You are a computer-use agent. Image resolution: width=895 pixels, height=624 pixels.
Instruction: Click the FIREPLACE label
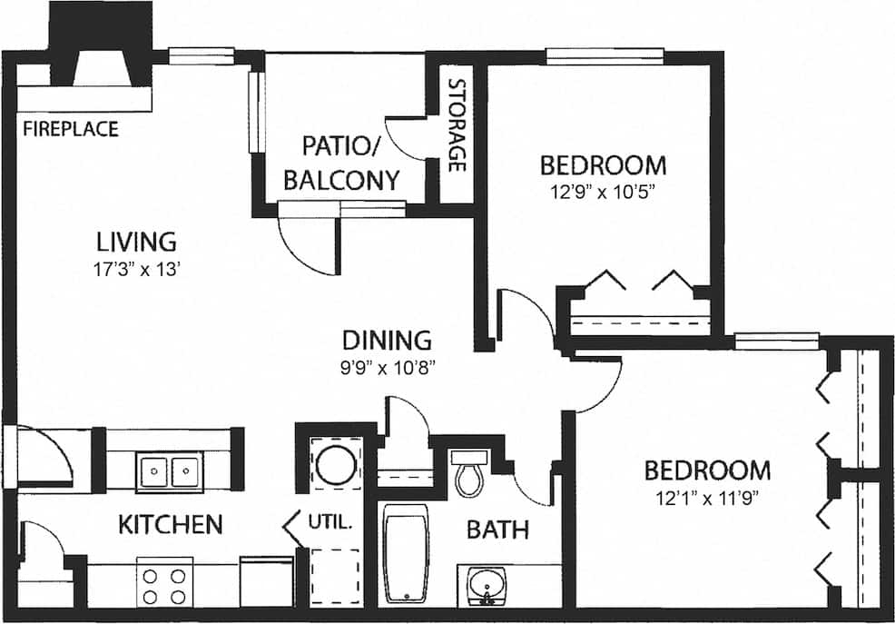click(x=71, y=129)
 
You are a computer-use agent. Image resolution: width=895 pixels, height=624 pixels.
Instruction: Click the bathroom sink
click(x=487, y=583)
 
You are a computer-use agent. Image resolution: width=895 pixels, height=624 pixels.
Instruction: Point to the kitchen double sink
click(x=170, y=471)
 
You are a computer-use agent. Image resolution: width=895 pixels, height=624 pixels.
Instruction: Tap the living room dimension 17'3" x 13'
click(x=136, y=269)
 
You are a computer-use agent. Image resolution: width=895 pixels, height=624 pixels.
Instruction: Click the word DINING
click(x=386, y=342)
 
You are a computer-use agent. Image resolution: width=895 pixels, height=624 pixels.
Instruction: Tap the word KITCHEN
click(x=170, y=524)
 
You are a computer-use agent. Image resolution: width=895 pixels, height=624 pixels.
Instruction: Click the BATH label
click(x=497, y=529)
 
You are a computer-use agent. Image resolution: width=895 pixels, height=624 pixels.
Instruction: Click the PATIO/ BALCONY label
click(x=341, y=162)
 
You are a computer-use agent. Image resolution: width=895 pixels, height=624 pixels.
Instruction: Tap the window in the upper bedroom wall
click(x=605, y=56)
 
